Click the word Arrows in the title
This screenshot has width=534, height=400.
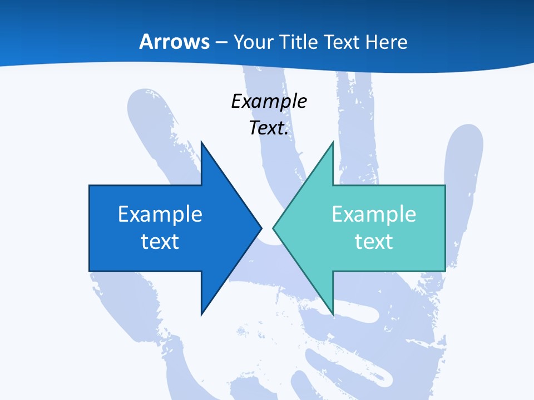point(174,42)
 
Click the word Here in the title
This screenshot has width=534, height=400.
point(386,42)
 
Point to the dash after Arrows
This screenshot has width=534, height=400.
point(221,43)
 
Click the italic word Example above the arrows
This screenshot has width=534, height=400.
point(269,101)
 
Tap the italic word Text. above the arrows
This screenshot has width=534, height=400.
point(269,128)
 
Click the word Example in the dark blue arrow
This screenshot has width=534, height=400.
point(160,214)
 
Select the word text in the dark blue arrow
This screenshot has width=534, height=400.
point(160,241)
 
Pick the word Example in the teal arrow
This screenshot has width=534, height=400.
point(374,214)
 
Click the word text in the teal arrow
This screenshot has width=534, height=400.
point(374,241)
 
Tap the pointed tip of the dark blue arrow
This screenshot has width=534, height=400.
point(260,228)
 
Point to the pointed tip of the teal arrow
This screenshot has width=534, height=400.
point(274,228)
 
